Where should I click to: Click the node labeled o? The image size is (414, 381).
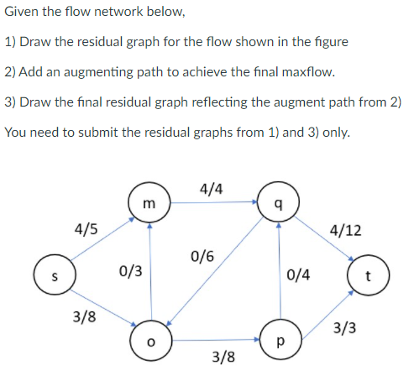tap(149, 342)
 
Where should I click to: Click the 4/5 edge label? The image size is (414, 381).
tap(86, 227)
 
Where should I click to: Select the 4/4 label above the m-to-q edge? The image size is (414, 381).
tap(212, 188)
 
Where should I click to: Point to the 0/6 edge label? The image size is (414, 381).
tap(202, 256)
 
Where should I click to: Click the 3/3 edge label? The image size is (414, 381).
tap(344, 328)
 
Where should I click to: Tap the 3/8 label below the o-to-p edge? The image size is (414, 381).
tap(223, 358)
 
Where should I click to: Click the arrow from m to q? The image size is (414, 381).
tap(213, 202)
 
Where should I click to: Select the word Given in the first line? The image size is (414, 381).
tap(23, 12)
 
